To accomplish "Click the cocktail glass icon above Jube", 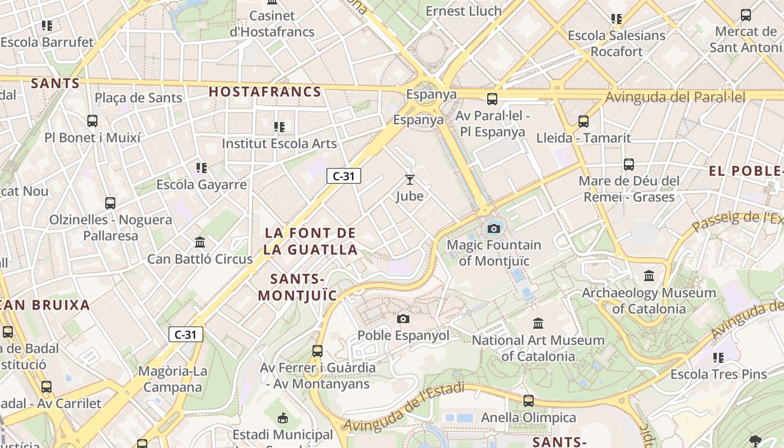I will click(410, 180).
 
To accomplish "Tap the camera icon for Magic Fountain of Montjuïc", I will click(493, 228).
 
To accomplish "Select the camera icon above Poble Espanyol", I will click(403, 319).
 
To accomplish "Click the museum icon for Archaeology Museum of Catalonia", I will click(649, 276).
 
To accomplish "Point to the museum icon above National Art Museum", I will click(538, 323).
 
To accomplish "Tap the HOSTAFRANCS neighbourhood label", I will click(265, 92).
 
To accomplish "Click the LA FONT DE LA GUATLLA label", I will click(310, 241).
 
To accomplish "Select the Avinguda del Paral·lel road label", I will click(675, 97).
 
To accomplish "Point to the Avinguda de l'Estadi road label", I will click(403, 407).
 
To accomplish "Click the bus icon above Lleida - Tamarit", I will click(584, 122).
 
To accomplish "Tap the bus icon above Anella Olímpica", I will click(529, 401).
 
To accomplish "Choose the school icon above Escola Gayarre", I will click(202, 168).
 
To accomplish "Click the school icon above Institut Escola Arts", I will click(279, 127).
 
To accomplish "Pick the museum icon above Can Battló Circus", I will click(200, 242).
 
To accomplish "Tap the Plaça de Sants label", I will click(138, 98).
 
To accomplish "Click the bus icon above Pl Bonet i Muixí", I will click(92, 121).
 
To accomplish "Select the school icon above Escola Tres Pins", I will click(718, 357).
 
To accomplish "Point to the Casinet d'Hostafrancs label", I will click(272, 24).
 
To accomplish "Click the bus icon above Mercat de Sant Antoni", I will click(745, 15).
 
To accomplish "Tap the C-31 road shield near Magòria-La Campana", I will click(185, 335).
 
